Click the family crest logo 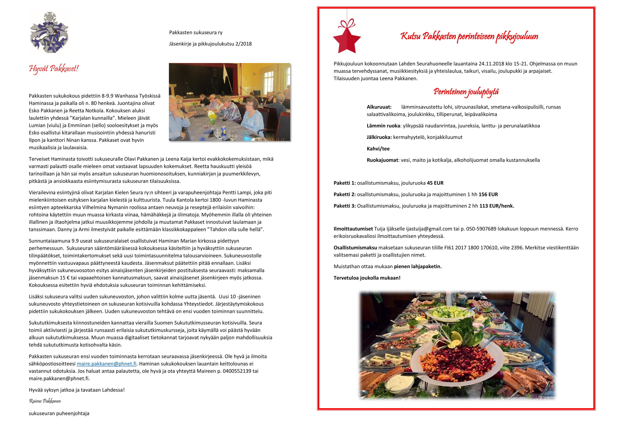[x=49, y=32]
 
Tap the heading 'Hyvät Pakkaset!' [x=54, y=69]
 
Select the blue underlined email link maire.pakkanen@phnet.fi [x=106, y=364]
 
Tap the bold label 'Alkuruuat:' [x=379, y=107]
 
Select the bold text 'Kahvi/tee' [x=378, y=149]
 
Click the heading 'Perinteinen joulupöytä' [x=466, y=92]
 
